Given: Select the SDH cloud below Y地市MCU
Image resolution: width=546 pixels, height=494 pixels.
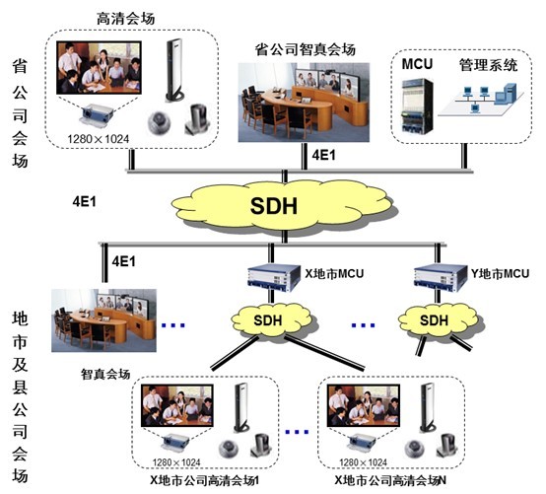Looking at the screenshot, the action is pyautogui.click(x=437, y=320).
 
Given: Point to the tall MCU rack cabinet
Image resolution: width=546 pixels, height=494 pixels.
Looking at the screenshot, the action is pyautogui.click(x=417, y=106).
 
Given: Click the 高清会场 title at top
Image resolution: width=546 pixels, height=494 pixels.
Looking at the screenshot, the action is pyautogui.click(x=125, y=19).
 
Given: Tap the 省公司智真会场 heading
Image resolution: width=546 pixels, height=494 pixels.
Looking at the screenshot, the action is pyautogui.click(x=306, y=49).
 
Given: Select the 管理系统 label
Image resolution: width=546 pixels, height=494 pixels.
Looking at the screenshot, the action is pyautogui.click(x=488, y=65).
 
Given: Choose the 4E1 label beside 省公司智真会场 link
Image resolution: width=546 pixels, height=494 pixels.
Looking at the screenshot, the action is pyautogui.click(x=323, y=155).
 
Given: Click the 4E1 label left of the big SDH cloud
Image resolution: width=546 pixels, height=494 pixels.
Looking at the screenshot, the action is pyautogui.click(x=84, y=201).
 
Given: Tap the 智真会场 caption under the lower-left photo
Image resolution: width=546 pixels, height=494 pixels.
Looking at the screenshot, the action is pyautogui.click(x=105, y=374).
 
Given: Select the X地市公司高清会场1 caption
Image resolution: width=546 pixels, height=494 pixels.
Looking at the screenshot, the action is pyautogui.click(x=204, y=481).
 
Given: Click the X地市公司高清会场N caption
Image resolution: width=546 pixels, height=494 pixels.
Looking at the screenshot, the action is pyautogui.click(x=390, y=481).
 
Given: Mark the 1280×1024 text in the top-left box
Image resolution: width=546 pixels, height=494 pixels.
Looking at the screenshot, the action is pyautogui.click(x=99, y=139).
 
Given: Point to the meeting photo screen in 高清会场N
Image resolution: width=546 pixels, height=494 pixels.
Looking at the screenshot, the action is pyautogui.click(x=364, y=405).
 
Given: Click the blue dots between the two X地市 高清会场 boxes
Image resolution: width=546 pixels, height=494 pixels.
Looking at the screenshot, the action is pyautogui.click(x=297, y=432).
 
